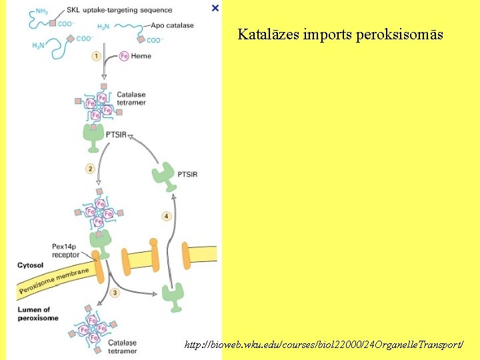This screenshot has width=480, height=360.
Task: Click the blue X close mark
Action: click(215, 8)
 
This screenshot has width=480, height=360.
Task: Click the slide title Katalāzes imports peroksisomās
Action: click(340, 34)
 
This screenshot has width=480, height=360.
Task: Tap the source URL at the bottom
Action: click(323, 344)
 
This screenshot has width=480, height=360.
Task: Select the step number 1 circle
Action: click(97, 56)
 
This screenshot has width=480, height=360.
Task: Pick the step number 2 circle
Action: click(89, 169)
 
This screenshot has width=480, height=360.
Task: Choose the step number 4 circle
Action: click(166, 216)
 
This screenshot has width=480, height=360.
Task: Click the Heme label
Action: click(141, 56)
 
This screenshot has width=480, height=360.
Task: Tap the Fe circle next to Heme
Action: click(123, 56)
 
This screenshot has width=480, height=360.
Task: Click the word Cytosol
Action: click(31, 265)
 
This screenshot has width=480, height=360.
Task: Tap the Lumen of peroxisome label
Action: click(34, 313)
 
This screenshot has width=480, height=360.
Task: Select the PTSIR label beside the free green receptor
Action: click(187, 175)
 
